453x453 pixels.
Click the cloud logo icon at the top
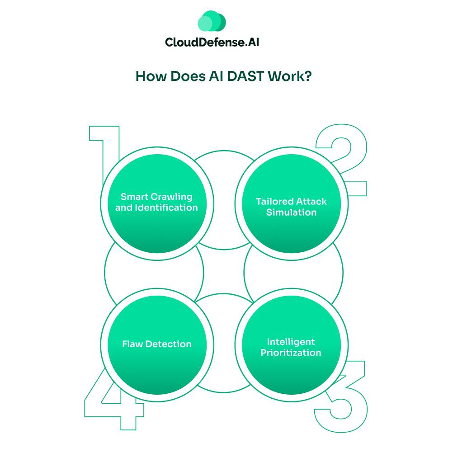pyautogui.click(x=212, y=21)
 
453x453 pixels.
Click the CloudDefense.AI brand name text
pyautogui.click(x=212, y=42)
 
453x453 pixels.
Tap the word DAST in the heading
pyautogui.click(x=245, y=76)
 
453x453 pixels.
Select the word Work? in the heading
pyautogui.click(x=290, y=76)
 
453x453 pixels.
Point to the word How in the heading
pyautogui.click(x=151, y=76)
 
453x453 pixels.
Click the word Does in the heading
pyautogui.click(x=188, y=76)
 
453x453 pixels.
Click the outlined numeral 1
pyautogui.click(x=104, y=156)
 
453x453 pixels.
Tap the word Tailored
pyautogui.click(x=271, y=201)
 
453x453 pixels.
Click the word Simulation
pyautogui.click(x=291, y=212)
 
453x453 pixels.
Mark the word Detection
pyautogui.click(x=169, y=344)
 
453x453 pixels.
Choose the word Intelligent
pyautogui.click(x=291, y=342)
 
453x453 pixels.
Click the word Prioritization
pyautogui.click(x=291, y=353)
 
